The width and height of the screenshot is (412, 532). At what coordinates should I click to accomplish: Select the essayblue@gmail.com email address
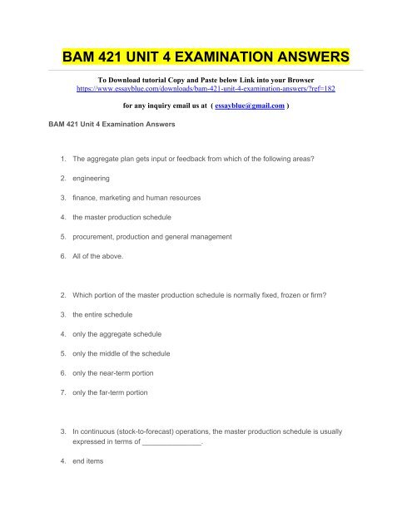pyautogui.click(x=252, y=106)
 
